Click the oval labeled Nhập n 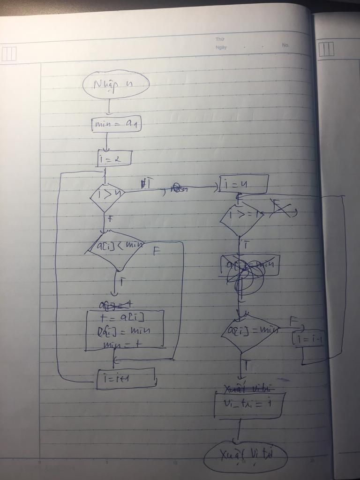click(x=116, y=84)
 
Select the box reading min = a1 click(x=116, y=124)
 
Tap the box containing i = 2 click(x=114, y=158)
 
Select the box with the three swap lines click(x=125, y=330)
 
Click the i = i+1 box click(x=126, y=378)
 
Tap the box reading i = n click(x=244, y=184)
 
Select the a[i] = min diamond click(x=249, y=331)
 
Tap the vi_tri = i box click(x=248, y=406)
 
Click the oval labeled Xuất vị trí click(x=245, y=456)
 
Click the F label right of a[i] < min click(x=157, y=252)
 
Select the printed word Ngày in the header click(x=221, y=47)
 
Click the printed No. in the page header click(x=285, y=45)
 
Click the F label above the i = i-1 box click(x=293, y=321)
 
